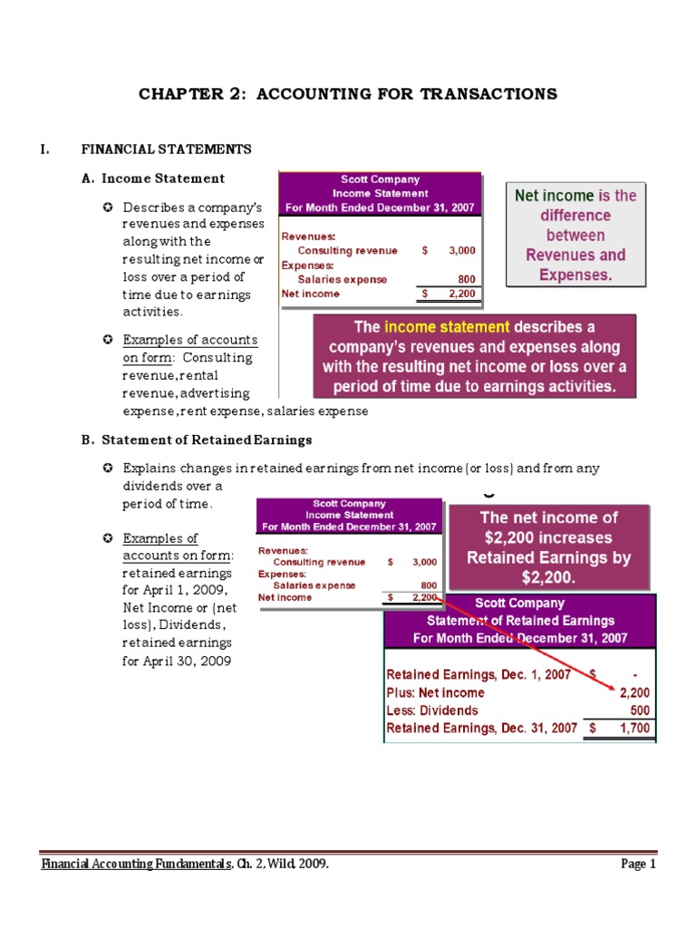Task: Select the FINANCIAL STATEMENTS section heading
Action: [x=167, y=150]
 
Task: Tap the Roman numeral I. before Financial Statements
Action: [x=45, y=150]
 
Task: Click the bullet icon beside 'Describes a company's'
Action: [x=108, y=208]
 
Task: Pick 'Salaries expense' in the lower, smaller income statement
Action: [x=309, y=585]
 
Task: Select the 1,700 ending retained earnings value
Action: [x=633, y=728]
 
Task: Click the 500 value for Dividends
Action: [x=639, y=710]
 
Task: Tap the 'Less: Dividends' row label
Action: [x=432, y=710]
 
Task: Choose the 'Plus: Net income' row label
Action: [x=436, y=693]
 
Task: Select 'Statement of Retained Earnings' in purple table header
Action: [x=520, y=621]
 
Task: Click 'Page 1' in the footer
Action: [x=638, y=865]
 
